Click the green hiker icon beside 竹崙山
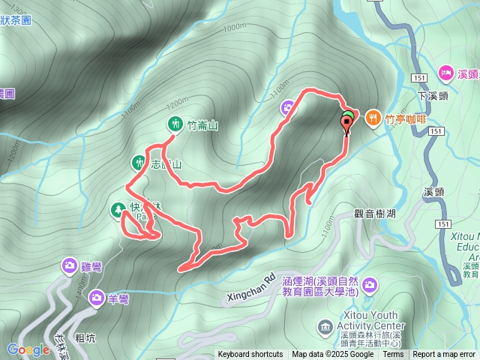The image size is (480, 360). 175,124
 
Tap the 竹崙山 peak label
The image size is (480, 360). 202,125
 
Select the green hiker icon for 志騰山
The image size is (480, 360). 139,162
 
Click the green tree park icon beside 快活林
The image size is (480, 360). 118,210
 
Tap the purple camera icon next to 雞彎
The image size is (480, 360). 69,265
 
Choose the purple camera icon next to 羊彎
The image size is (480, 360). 97,298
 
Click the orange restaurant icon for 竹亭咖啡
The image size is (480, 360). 373,118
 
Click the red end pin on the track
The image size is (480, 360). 346,122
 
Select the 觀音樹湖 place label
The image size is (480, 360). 375,214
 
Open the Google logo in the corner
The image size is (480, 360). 28,349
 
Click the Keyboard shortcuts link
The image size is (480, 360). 250,355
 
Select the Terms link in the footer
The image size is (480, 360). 393,355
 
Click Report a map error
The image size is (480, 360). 444,355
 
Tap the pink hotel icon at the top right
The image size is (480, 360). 445,73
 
